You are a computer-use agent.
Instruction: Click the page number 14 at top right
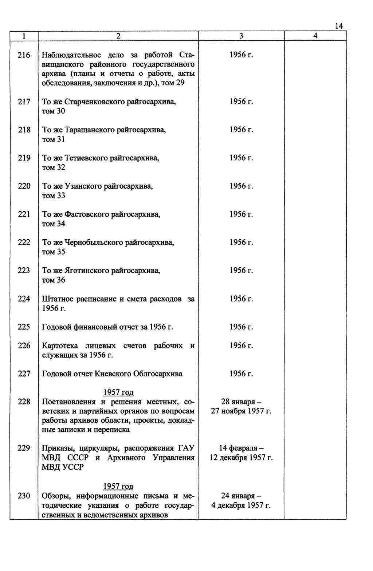point(339,26)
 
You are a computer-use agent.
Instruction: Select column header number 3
point(241,36)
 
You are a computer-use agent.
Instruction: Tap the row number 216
point(24,55)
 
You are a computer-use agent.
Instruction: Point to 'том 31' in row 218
point(54,139)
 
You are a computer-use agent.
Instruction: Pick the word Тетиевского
point(86,158)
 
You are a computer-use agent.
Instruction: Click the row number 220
point(24,186)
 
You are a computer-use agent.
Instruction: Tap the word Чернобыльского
point(93,242)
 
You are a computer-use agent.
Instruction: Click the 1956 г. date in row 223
point(241,270)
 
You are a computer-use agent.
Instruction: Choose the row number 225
point(24,327)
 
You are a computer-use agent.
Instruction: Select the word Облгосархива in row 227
point(158,374)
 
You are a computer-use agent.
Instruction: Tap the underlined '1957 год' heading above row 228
point(118,392)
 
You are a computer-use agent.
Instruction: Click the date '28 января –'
point(241,402)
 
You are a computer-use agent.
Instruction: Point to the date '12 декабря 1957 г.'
point(241,457)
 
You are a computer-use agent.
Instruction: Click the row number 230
point(24,496)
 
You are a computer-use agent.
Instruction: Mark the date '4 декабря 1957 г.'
point(241,505)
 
